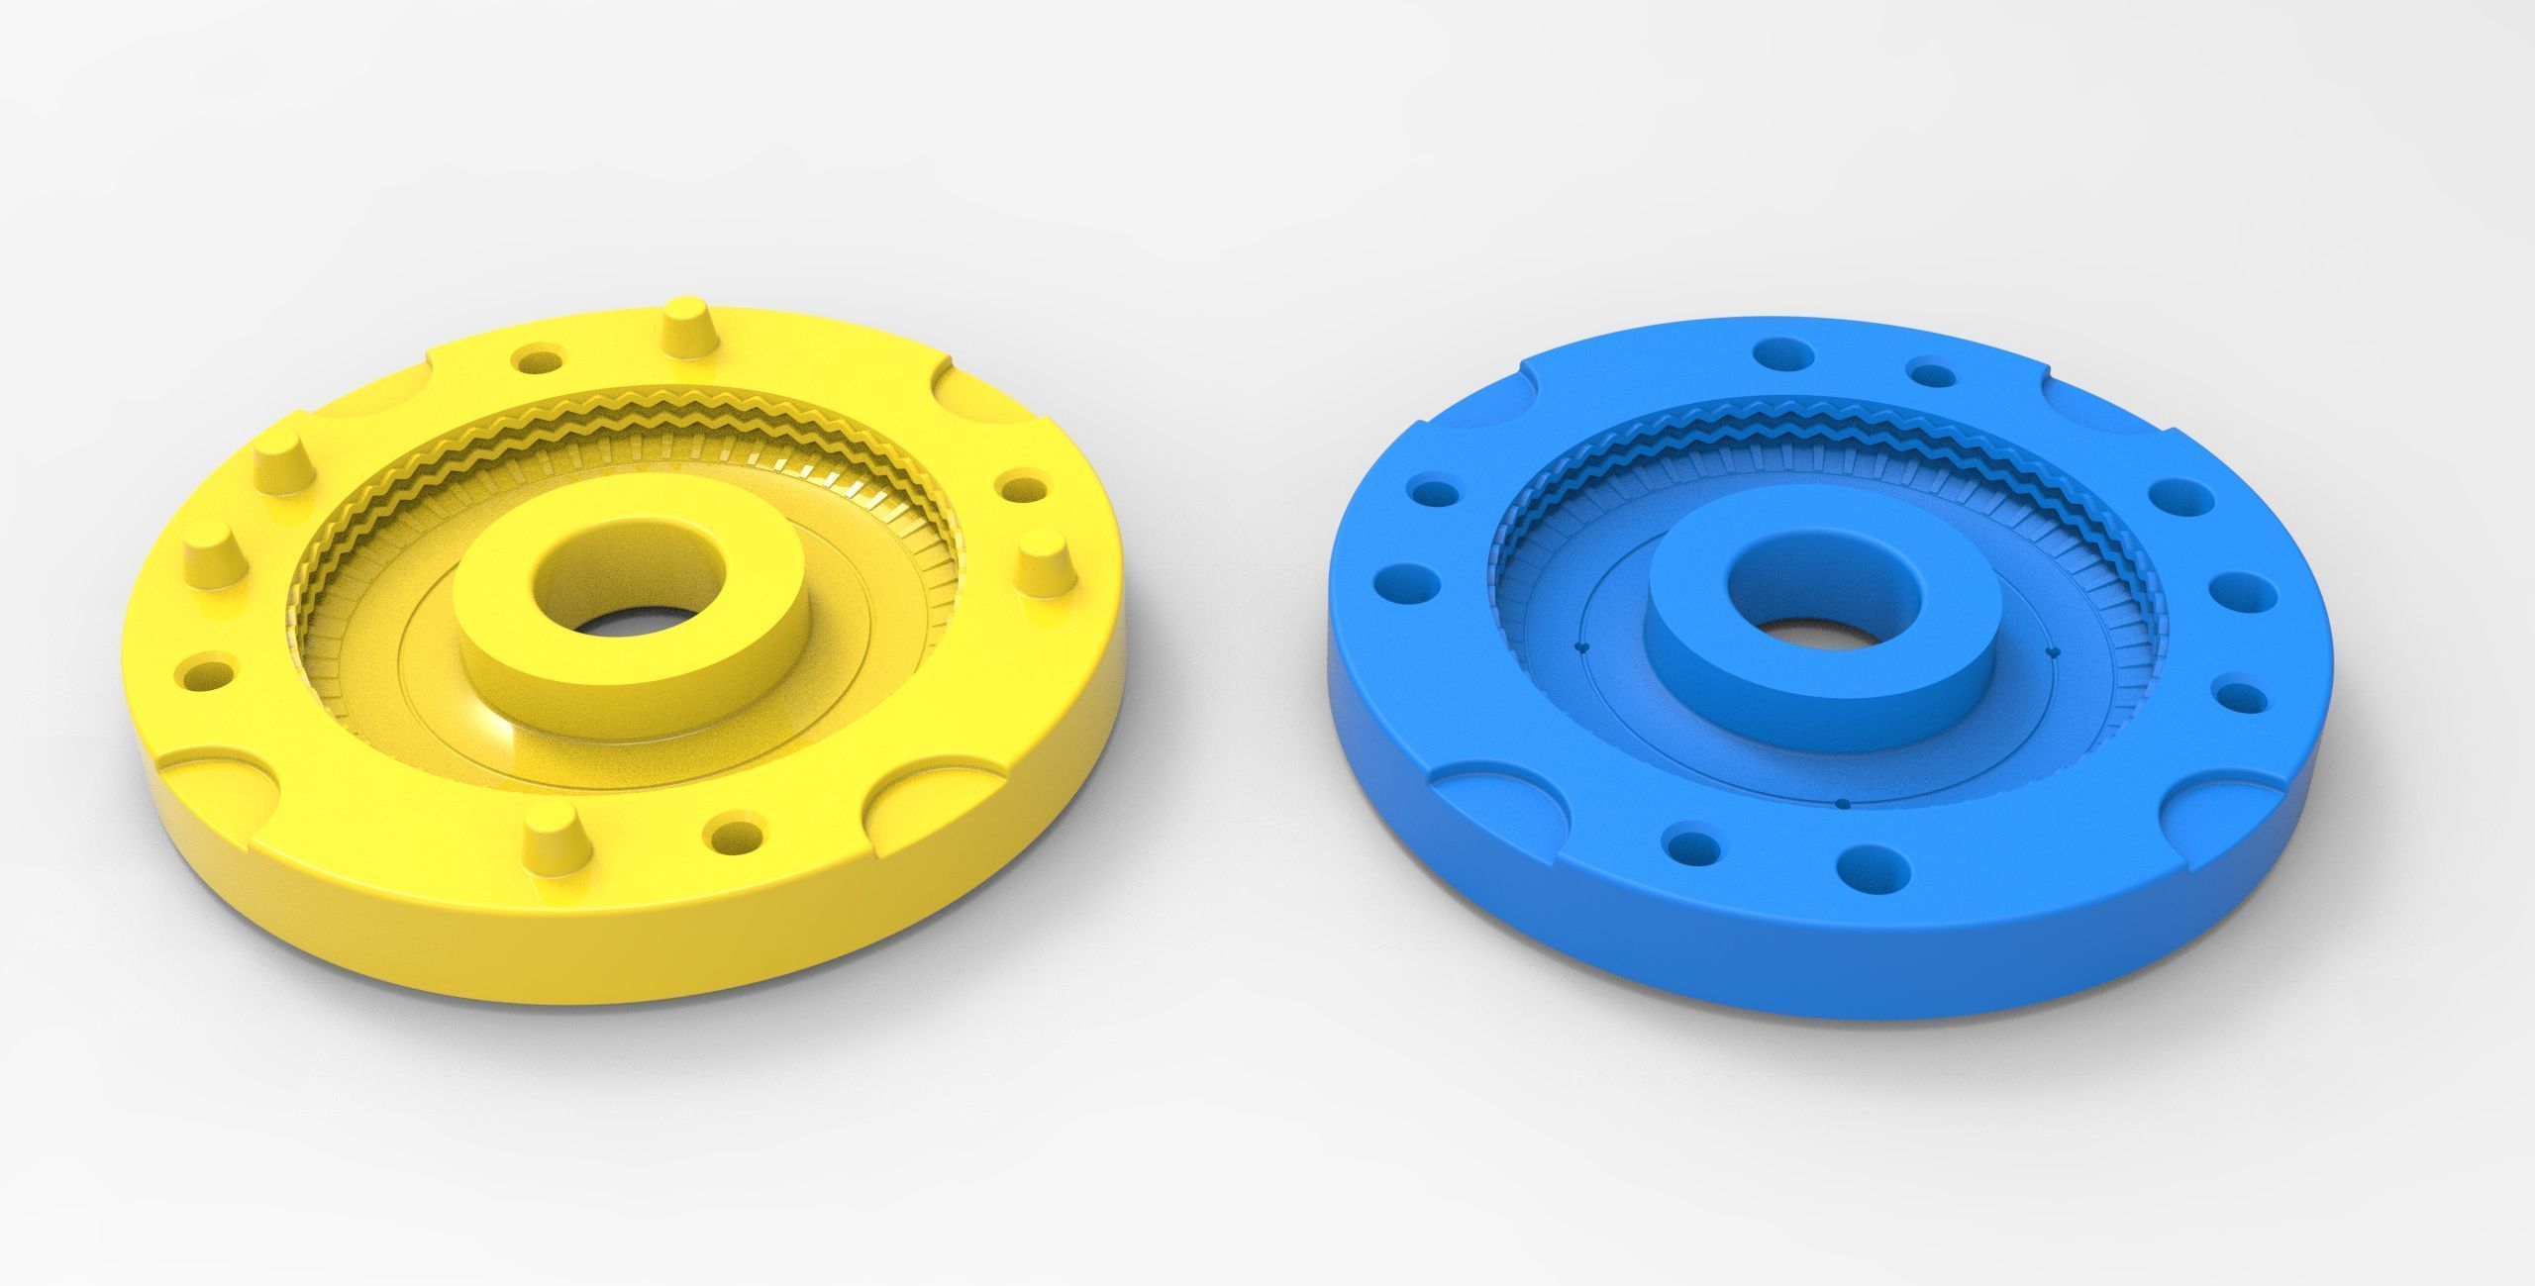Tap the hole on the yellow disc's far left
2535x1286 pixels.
coord(206,679)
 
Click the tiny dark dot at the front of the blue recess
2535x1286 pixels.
coord(1842,804)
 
